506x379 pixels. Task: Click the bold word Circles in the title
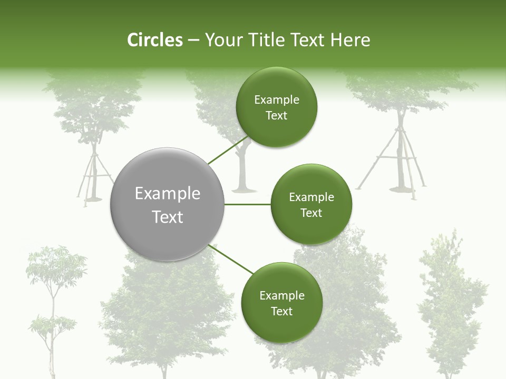click(154, 40)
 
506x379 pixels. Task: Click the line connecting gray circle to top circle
click(228, 150)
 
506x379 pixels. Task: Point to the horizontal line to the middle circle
click(247, 204)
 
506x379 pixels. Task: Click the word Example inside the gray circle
click(168, 194)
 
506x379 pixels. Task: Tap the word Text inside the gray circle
click(168, 217)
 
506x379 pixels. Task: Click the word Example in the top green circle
click(277, 100)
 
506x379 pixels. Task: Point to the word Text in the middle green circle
click(311, 213)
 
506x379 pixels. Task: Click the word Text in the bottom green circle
click(281, 311)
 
